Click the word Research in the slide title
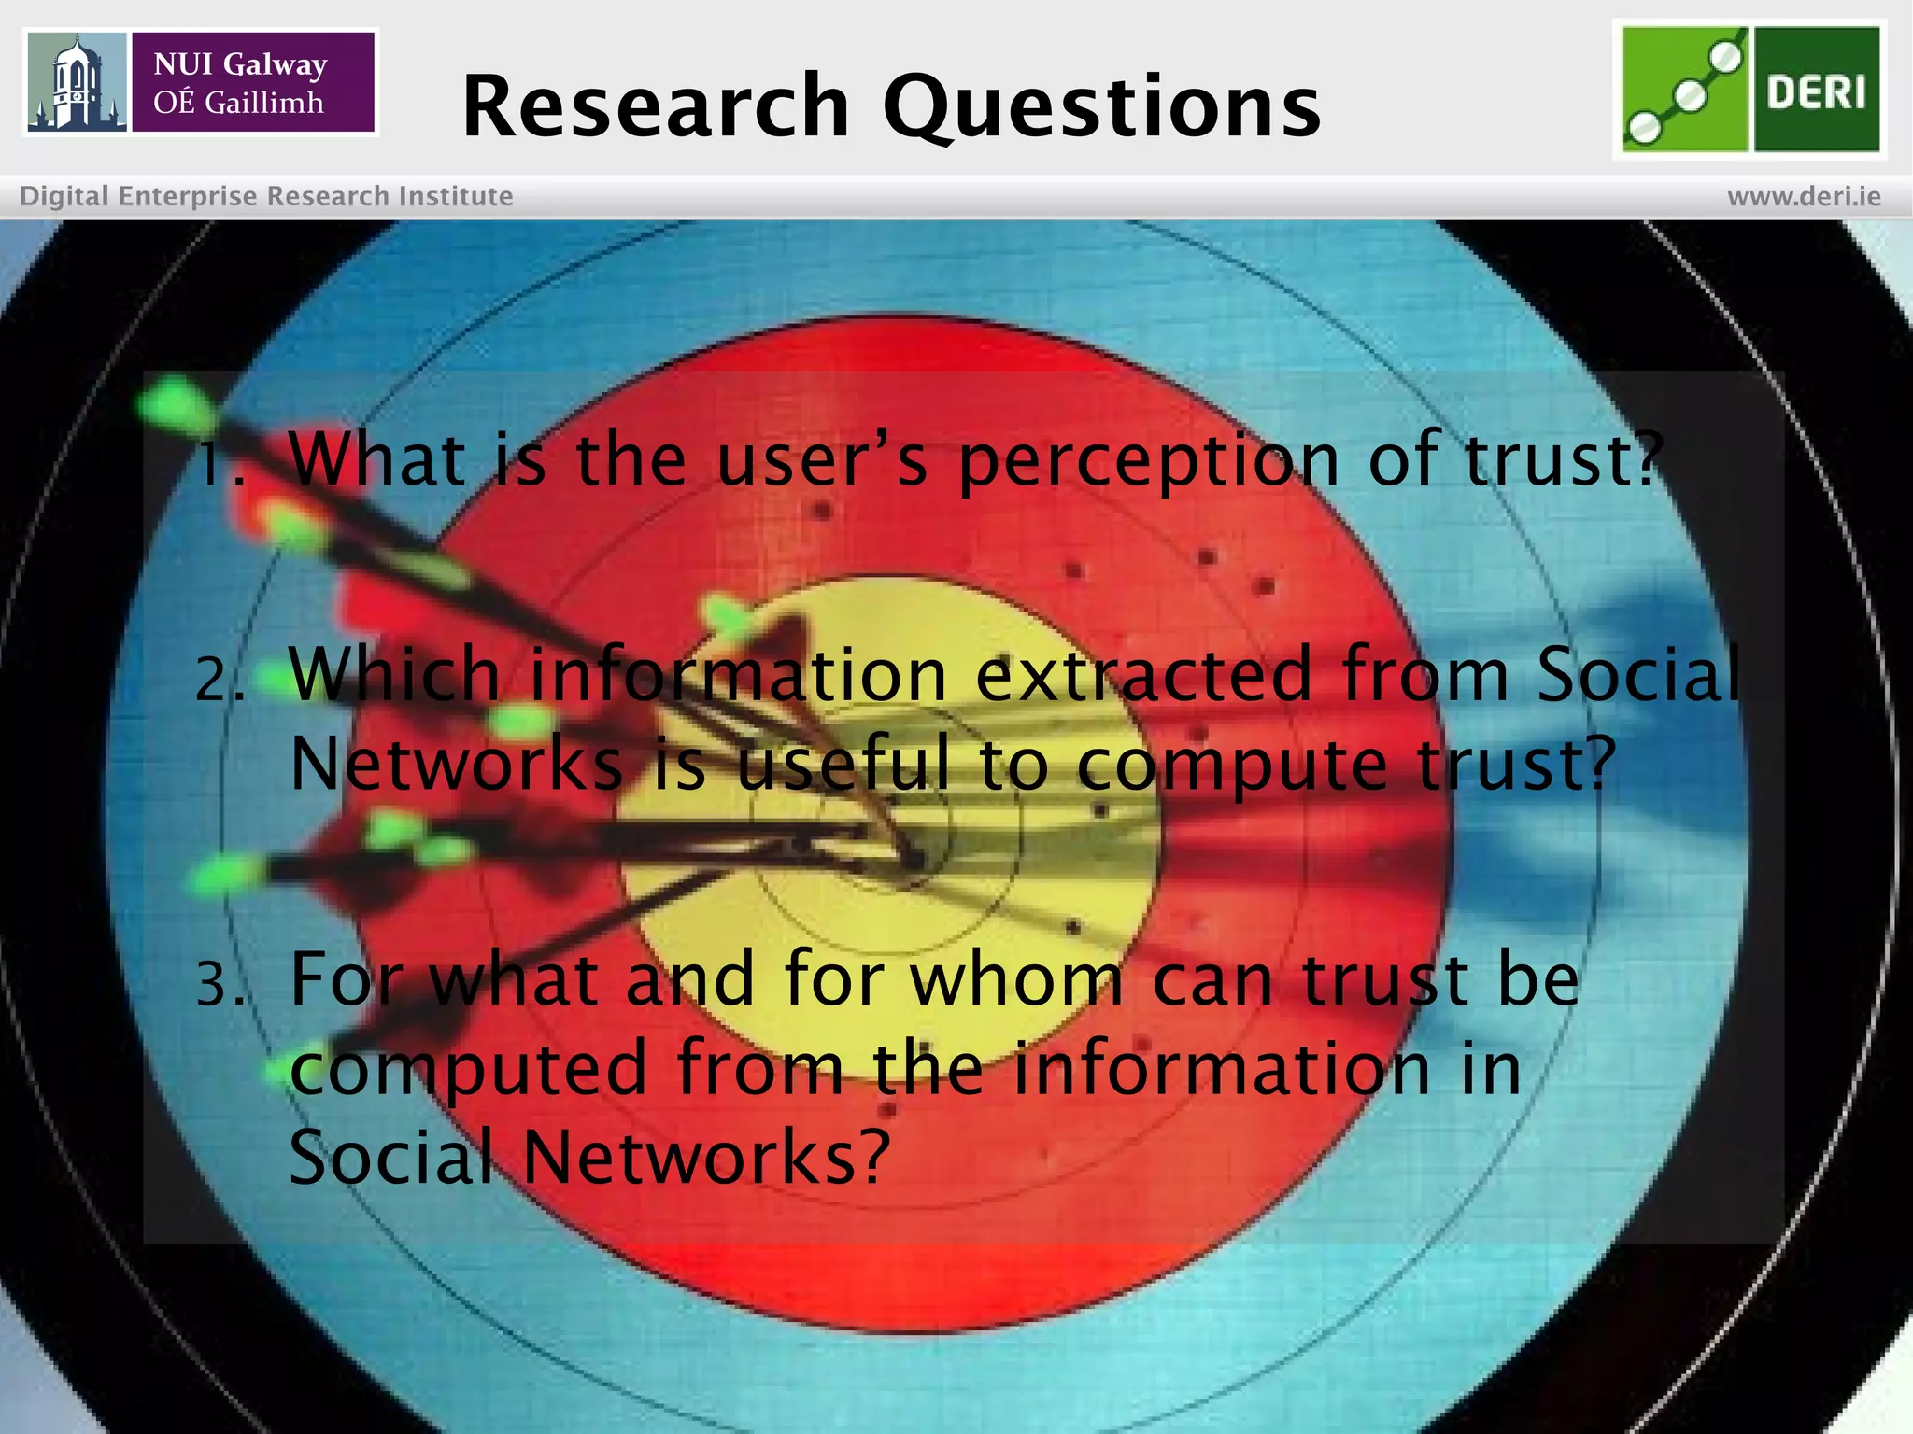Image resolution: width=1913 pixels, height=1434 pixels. pyautogui.click(x=655, y=106)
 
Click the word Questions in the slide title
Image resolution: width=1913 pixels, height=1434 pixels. pyautogui.click(x=1102, y=108)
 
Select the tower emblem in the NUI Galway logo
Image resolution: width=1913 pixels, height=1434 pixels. pyautogui.click(x=77, y=82)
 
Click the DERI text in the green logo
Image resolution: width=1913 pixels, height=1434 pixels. pyautogui.click(x=1816, y=91)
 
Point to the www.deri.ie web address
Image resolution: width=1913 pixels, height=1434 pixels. pyautogui.click(x=1803, y=197)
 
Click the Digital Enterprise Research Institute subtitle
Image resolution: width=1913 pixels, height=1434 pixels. pyautogui.click(x=266, y=197)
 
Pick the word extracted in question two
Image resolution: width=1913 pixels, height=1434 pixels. pyautogui.click(x=1143, y=674)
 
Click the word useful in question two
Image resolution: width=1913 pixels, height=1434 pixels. pyautogui.click(x=843, y=764)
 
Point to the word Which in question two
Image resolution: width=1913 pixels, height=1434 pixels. pyautogui.click(x=394, y=674)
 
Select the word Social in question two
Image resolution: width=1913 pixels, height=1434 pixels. pyautogui.click(x=1638, y=674)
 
